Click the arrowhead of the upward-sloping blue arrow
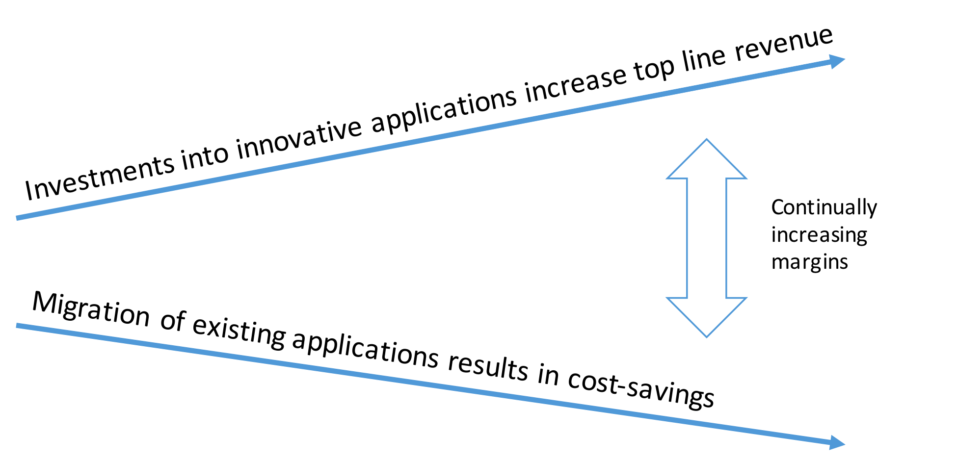click(x=836, y=62)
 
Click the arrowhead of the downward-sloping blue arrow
click(x=836, y=443)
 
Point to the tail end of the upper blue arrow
click(x=18, y=218)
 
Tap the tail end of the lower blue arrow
click(x=18, y=326)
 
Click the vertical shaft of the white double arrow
click(x=707, y=238)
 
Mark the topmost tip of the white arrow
click(x=707, y=140)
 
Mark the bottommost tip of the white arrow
click(x=707, y=337)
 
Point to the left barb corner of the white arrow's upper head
click(x=667, y=179)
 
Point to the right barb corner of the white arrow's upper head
click(x=746, y=179)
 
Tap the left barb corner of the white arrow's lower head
click(x=667, y=298)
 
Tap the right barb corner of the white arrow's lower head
click(x=746, y=298)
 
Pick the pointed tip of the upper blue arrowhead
click(x=845, y=60)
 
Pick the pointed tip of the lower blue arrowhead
click(x=845, y=444)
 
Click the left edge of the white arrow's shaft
click(x=687, y=238)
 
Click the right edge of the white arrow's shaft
click(x=726, y=238)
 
